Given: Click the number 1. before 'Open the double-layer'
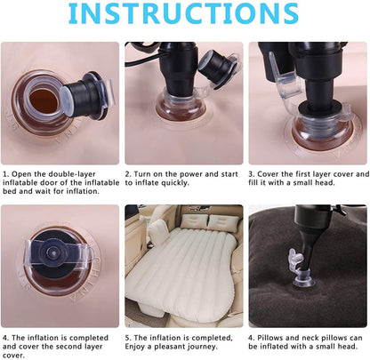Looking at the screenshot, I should [x=5, y=175].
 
